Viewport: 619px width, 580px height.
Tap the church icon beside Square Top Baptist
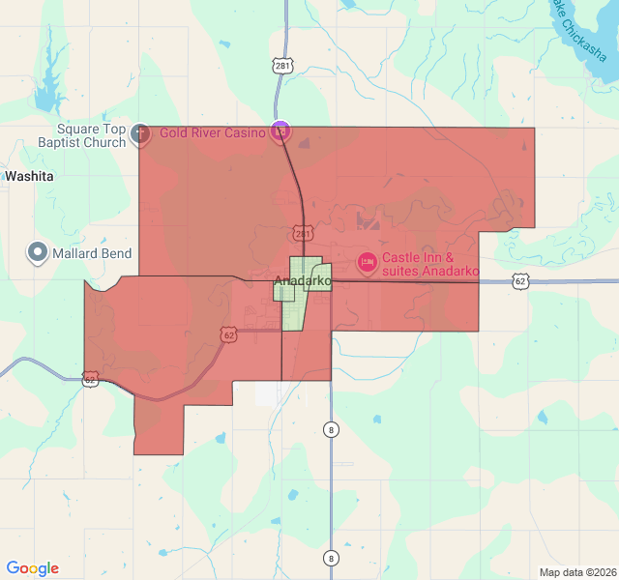click(139, 132)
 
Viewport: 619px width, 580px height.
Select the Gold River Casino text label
click(213, 132)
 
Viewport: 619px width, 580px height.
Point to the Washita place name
click(29, 177)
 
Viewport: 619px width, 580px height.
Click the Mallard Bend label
click(94, 253)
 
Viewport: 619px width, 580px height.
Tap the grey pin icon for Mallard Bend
click(38, 252)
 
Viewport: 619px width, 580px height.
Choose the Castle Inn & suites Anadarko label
click(430, 265)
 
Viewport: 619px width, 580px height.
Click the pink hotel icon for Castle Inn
click(367, 261)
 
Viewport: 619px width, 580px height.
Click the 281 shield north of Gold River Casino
click(281, 66)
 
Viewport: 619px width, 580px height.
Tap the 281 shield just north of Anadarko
click(303, 234)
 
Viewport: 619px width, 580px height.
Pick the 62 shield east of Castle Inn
click(521, 281)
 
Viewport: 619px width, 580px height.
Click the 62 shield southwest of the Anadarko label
click(228, 334)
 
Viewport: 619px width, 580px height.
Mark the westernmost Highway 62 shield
click(90, 380)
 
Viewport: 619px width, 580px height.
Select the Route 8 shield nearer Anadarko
click(331, 428)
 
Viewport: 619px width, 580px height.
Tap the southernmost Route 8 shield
click(331, 558)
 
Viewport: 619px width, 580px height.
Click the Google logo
click(32, 568)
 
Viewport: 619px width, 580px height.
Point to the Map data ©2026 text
click(577, 572)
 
